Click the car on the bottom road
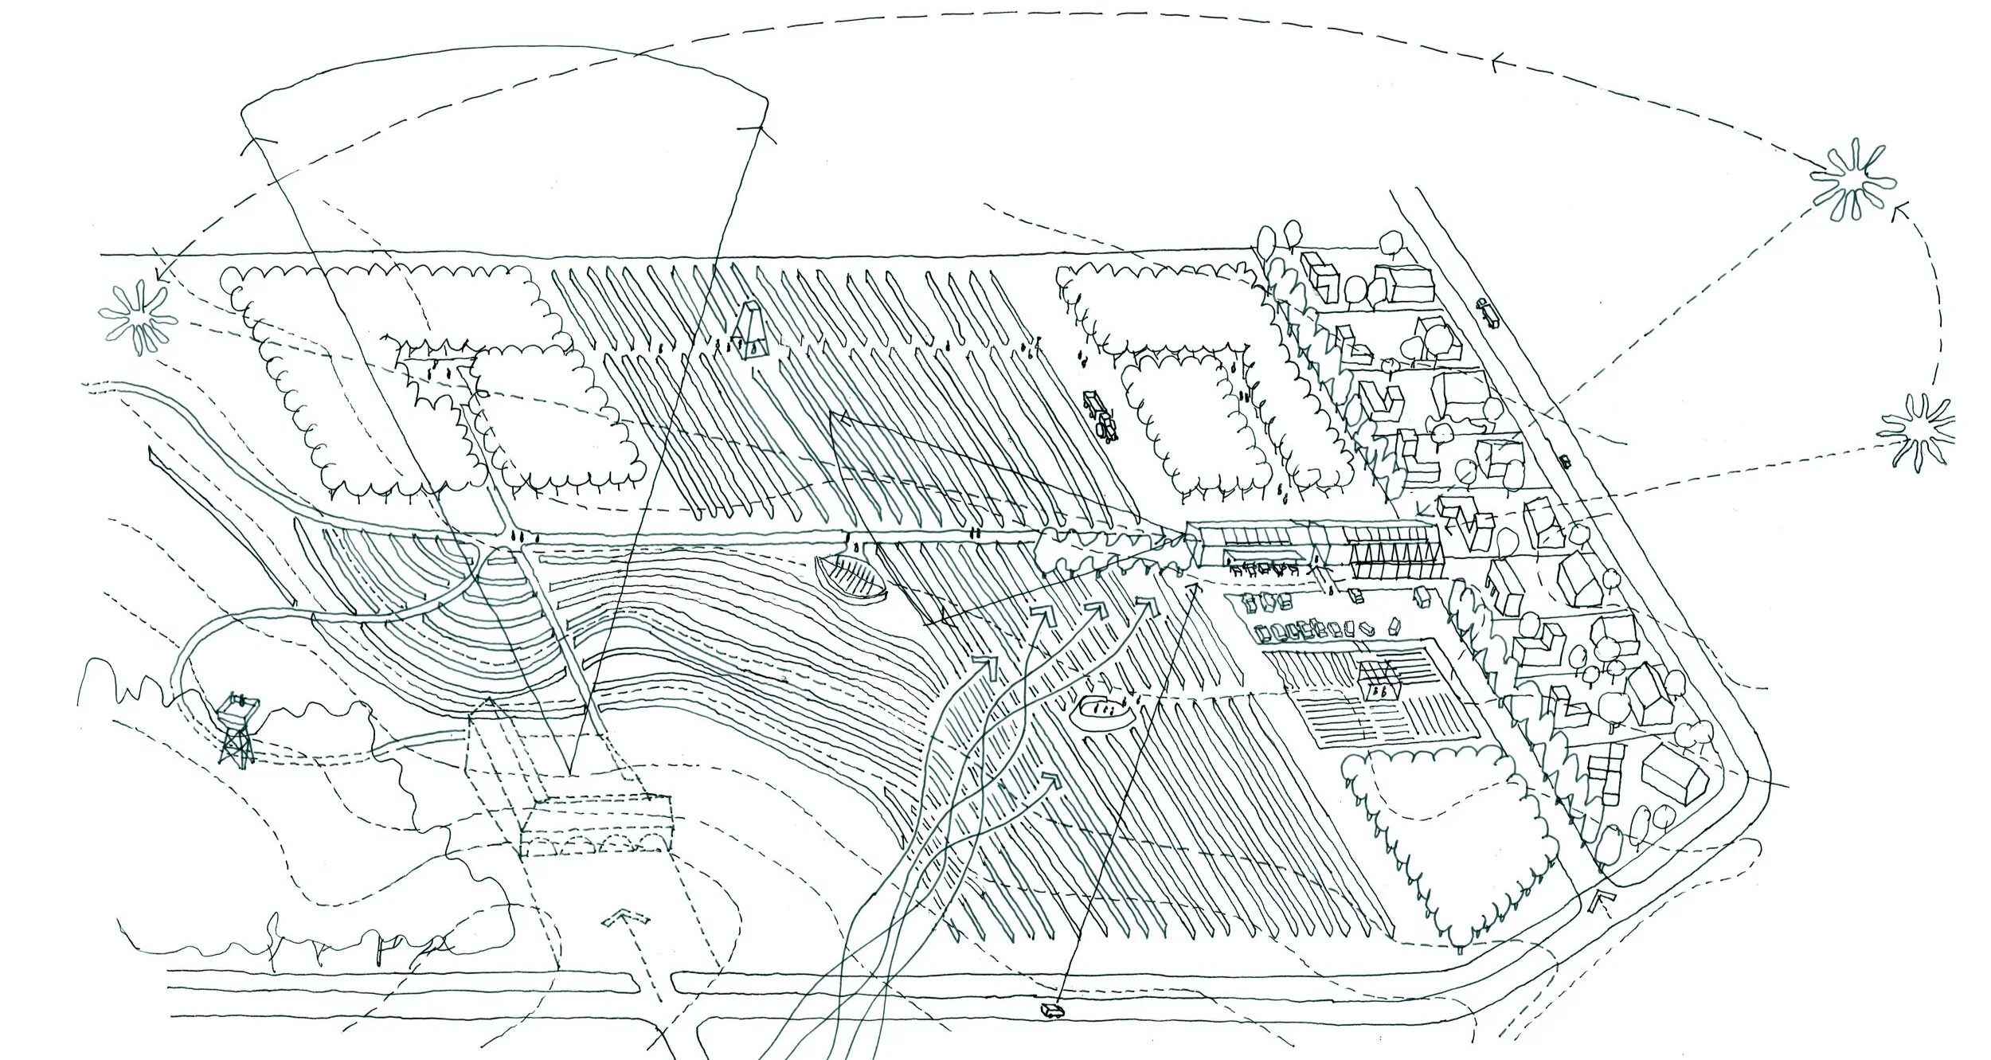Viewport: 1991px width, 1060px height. tap(1052, 1008)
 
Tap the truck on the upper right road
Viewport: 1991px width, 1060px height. tap(1488, 312)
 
